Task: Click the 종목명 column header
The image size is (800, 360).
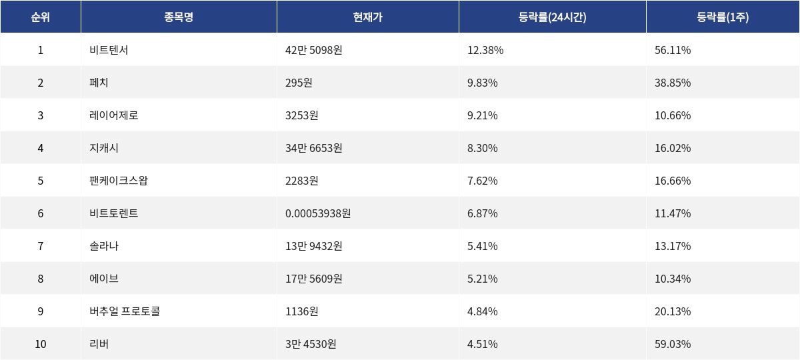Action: click(179, 17)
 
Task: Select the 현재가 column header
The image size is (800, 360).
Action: click(367, 17)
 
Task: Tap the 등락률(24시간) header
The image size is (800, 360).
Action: click(552, 17)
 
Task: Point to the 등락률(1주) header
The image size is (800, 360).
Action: click(723, 17)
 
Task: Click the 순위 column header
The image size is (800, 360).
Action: click(40, 17)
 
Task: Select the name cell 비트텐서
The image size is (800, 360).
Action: click(109, 50)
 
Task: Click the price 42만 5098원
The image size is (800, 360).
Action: click(313, 50)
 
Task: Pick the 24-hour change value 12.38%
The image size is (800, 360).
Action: click(485, 50)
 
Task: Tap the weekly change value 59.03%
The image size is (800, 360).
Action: click(673, 344)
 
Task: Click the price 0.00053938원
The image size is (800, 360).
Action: click(318, 213)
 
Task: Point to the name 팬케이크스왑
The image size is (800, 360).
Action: click(118, 181)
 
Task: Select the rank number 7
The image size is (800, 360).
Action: click(40, 246)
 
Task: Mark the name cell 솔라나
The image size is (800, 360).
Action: click(104, 246)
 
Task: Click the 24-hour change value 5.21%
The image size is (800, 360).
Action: click(483, 279)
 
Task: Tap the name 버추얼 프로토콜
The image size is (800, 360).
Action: click(125, 311)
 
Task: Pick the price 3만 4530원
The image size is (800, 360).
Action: click(311, 344)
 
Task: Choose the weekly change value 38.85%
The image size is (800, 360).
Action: click(673, 83)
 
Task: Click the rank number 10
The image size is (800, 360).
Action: click(40, 344)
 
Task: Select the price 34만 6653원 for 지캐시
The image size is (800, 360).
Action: click(313, 148)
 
